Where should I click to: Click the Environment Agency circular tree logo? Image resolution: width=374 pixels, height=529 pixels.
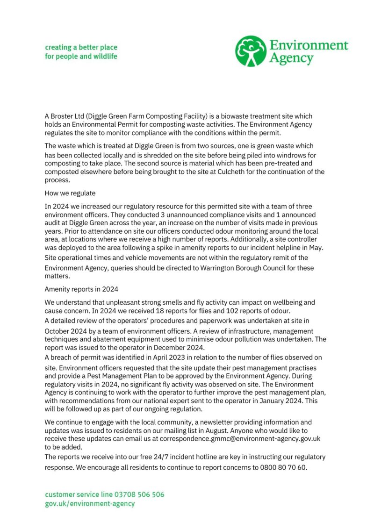251,51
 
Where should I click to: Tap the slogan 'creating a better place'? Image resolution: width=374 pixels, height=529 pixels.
81,47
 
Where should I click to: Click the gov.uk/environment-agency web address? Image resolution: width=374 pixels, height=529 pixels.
90,503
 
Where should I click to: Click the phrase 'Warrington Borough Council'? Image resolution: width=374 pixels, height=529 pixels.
245,268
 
